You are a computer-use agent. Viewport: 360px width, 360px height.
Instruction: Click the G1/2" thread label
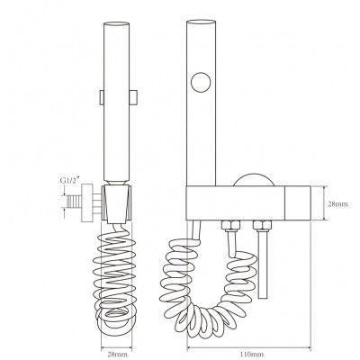[70, 181]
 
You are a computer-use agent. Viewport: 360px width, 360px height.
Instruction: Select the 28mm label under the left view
[117, 354]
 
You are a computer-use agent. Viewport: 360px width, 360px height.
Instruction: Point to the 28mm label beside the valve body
[337, 204]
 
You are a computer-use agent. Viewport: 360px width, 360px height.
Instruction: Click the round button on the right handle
[201, 82]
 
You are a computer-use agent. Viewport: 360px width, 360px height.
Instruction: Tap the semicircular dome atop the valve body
[254, 179]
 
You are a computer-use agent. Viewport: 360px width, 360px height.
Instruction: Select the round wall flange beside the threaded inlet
[87, 202]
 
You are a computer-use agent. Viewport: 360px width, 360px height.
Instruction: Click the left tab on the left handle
[102, 97]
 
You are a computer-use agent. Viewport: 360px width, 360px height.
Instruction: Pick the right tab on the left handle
[133, 97]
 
